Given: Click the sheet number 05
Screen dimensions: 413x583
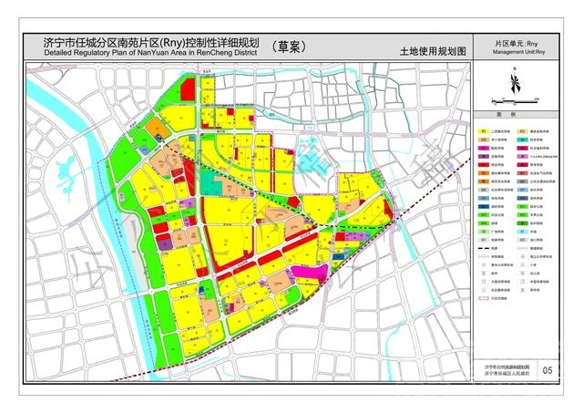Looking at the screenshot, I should (x=546, y=369).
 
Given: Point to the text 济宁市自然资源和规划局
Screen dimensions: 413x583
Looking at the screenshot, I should (x=506, y=365).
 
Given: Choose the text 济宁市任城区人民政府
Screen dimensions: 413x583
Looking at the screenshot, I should (x=506, y=375).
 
